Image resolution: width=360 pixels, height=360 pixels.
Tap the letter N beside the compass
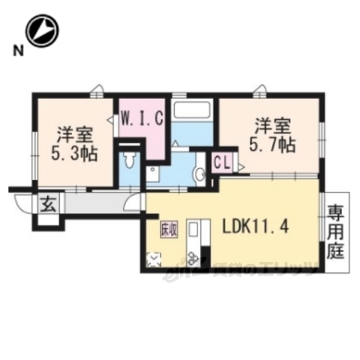pos(17,50)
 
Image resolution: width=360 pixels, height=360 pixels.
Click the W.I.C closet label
pos(139,118)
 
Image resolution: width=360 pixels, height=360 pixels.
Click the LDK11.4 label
pos(263,224)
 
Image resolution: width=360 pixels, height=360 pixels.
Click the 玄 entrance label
pos(47,202)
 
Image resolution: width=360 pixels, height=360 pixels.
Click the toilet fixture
pos(130,160)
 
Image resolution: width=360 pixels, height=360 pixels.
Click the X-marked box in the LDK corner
pos(154,259)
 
